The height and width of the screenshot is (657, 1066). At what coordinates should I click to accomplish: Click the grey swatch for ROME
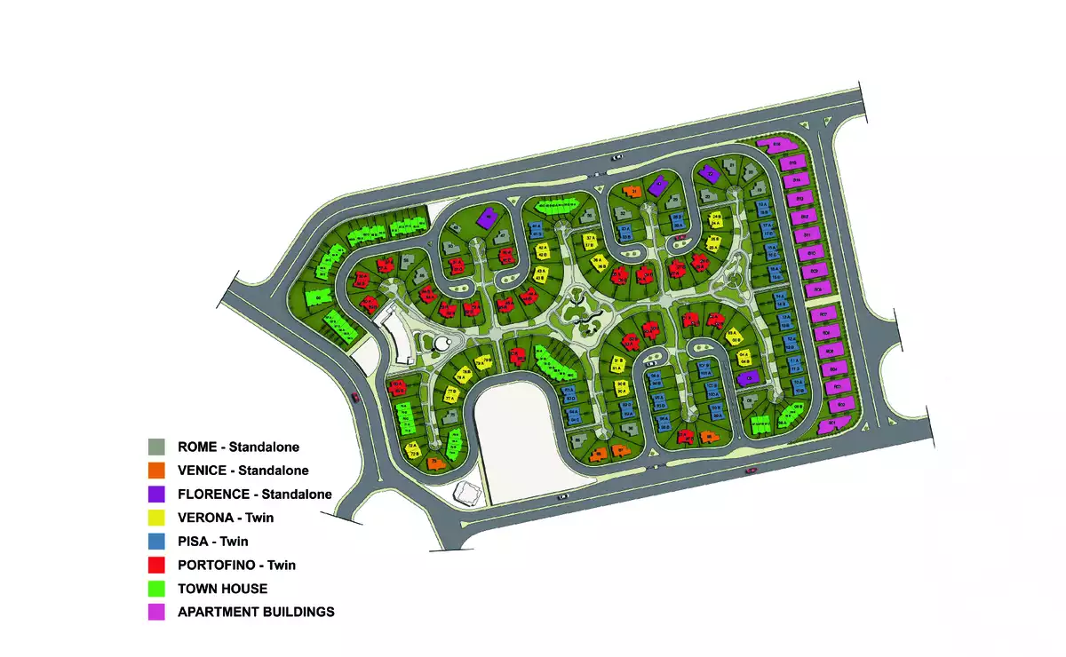[x=156, y=447]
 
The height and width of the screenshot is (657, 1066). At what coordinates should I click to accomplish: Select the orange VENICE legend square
[x=156, y=471]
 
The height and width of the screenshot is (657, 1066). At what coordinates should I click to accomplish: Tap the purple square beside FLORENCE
[x=156, y=494]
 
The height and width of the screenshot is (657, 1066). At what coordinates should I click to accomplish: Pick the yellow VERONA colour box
[x=156, y=518]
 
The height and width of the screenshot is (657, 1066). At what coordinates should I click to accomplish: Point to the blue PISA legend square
[x=156, y=541]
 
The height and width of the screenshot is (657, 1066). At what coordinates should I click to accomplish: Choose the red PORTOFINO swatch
[x=156, y=565]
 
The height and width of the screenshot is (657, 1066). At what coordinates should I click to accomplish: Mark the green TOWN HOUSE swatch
[x=156, y=589]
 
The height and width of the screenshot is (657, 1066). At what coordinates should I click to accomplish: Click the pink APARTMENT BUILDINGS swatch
[x=156, y=612]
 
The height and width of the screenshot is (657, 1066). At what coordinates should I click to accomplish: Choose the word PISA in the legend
[x=194, y=541]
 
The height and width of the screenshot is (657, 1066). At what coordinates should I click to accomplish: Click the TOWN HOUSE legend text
[x=222, y=589]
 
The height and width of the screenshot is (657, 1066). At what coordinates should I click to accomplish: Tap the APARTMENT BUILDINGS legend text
[x=256, y=612]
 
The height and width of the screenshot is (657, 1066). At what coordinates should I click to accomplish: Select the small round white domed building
[x=442, y=344]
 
